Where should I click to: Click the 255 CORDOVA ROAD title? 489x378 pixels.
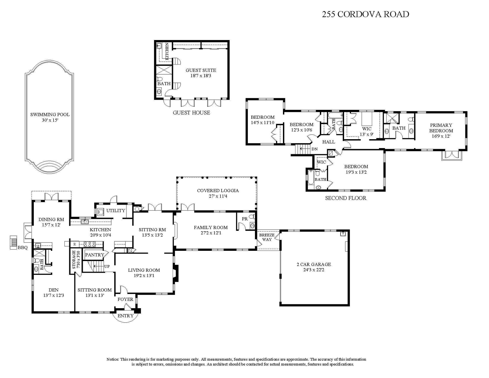365,14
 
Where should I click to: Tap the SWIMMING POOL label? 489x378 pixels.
50,115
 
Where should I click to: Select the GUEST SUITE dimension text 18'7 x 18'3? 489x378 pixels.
201,76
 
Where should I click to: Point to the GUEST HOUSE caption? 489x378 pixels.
192,113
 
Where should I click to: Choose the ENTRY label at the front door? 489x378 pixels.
126,316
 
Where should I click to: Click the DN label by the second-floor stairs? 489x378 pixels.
315,149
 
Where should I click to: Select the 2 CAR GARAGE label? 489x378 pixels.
314,264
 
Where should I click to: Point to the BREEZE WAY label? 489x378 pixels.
267,237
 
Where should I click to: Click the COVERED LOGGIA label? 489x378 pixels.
218,191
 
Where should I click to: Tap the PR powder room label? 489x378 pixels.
245,219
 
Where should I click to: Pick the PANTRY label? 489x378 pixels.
94,255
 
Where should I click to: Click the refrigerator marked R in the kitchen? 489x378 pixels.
75,244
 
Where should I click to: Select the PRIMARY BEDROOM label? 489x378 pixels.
441,128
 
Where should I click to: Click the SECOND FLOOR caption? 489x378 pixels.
346,198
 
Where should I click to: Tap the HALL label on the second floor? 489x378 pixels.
329,142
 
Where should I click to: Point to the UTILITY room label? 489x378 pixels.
116,211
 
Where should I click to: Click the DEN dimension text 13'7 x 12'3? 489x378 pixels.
53,295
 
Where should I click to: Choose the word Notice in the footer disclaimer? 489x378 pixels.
113,359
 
